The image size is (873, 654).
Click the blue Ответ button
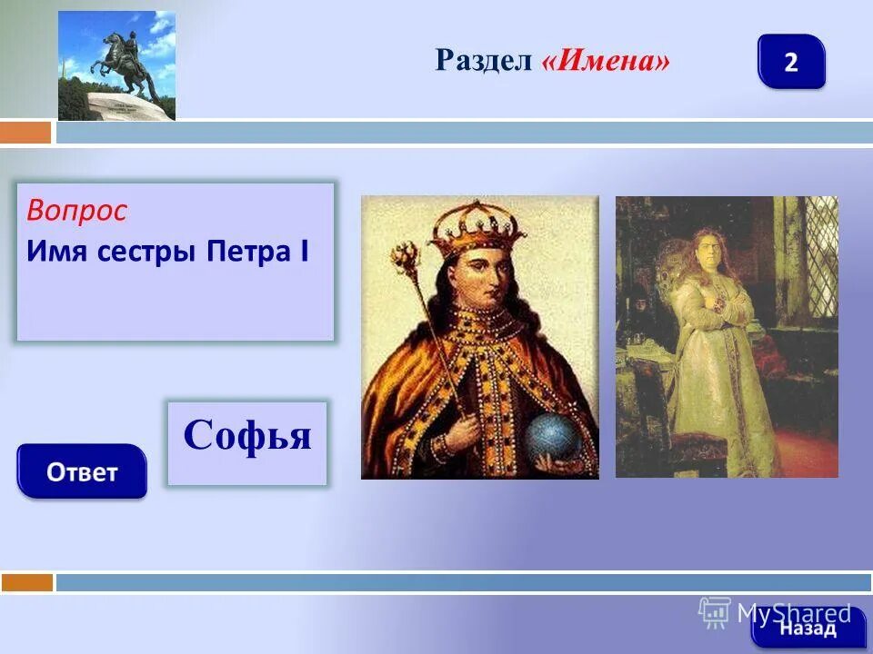pyautogui.click(x=82, y=471)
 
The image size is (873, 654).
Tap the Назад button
pyautogui.click(x=801, y=627)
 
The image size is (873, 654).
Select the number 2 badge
pyautogui.click(x=791, y=62)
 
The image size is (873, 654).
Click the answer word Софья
pyautogui.click(x=247, y=436)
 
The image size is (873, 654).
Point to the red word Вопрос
pyautogui.click(x=77, y=212)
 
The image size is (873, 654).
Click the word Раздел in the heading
pyautogui.click(x=485, y=61)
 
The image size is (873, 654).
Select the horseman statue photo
pyautogui.click(x=116, y=65)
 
